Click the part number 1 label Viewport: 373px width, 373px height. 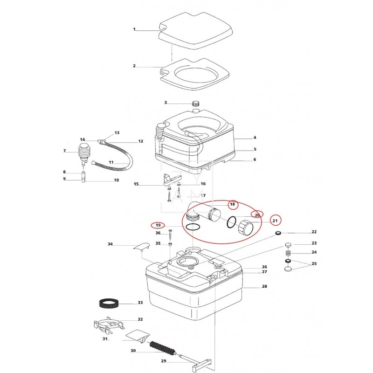(x=134, y=29)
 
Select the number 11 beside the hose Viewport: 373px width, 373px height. (x=111, y=162)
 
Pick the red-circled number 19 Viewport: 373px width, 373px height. (x=158, y=225)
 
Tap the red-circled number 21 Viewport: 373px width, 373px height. (x=275, y=221)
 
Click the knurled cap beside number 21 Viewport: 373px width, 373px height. (x=245, y=228)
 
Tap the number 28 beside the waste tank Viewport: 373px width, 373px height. (x=264, y=286)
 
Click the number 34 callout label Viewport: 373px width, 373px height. (x=110, y=244)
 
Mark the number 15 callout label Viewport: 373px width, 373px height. (x=136, y=184)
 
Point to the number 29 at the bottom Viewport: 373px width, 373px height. (x=164, y=361)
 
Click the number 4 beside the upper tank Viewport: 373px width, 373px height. (x=255, y=138)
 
